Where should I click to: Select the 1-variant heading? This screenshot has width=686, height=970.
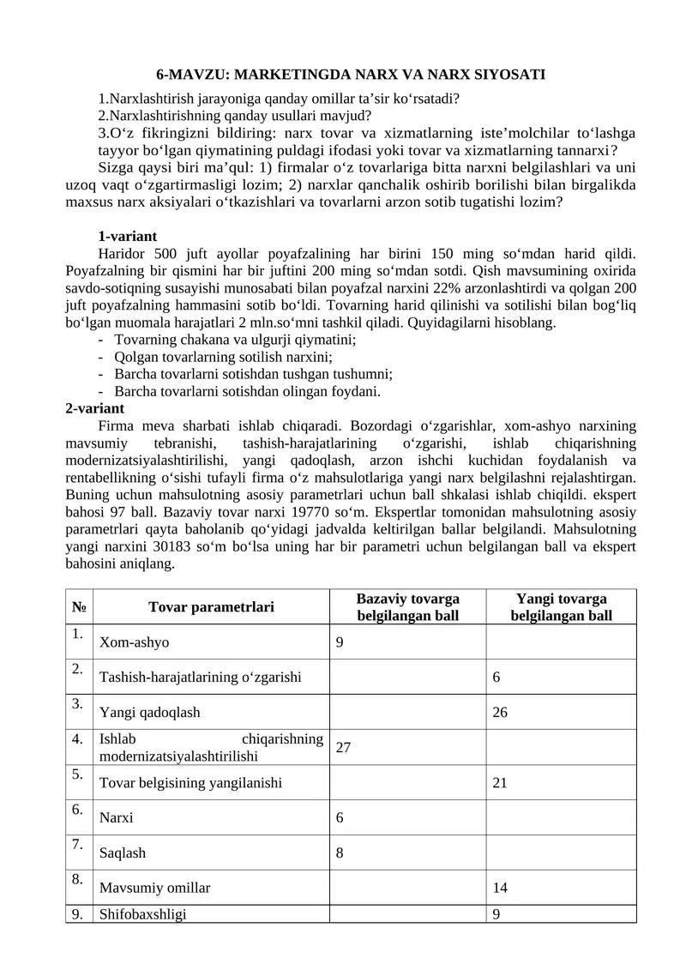(127, 236)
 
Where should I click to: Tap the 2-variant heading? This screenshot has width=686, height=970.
(94, 407)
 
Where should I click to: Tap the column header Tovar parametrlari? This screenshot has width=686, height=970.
(211, 607)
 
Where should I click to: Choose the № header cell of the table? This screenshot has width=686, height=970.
(79, 607)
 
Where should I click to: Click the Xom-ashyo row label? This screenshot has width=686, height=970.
(135, 642)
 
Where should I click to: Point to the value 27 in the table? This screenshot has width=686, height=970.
(343, 746)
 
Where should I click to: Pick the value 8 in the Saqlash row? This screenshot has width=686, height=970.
(340, 853)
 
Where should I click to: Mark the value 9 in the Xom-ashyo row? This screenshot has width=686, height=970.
(340, 642)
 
